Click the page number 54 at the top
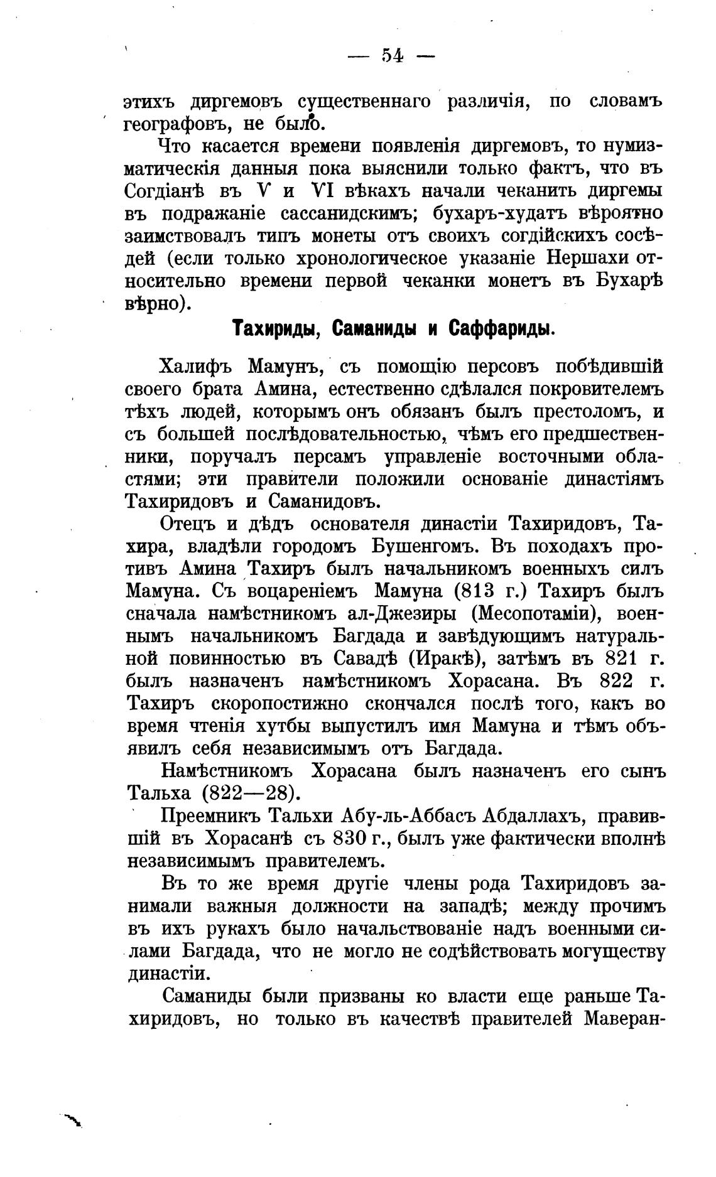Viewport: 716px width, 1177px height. (x=391, y=56)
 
